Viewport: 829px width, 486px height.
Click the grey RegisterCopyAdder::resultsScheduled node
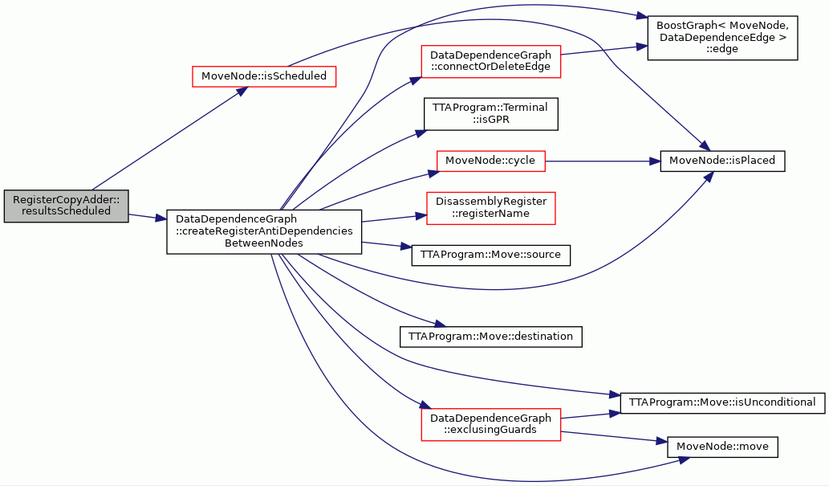(x=66, y=206)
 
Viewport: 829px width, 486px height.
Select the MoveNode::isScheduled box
(x=264, y=76)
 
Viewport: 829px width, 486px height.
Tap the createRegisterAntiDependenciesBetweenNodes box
(x=264, y=231)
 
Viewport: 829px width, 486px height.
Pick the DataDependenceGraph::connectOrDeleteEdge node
(x=490, y=61)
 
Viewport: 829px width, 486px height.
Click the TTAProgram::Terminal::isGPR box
(x=490, y=114)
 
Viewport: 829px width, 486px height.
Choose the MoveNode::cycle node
(x=490, y=161)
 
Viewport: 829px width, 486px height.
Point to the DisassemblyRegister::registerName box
(x=490, y=208)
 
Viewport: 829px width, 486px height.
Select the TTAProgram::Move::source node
(x=490, y=255)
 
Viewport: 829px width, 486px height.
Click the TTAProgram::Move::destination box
(x=490, y=337)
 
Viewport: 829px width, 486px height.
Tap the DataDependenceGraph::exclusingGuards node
(x=490, y=424)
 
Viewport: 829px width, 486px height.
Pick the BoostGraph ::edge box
(x=722, y=38)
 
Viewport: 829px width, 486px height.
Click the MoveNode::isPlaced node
(x=722, y=161)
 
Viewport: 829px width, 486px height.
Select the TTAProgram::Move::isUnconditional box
(x=722, y=403)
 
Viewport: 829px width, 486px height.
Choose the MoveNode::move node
(x=722, y=447)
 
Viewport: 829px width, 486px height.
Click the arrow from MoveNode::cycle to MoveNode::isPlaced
(x=603, y=161)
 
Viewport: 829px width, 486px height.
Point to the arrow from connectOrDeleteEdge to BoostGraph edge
(x=604, y=50)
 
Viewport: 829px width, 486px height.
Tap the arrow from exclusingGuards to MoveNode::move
(x=614, y=437)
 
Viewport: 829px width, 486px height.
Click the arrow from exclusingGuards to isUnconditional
(x=591, y=415)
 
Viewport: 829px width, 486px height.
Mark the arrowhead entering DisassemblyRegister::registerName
(x=421, y=215)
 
